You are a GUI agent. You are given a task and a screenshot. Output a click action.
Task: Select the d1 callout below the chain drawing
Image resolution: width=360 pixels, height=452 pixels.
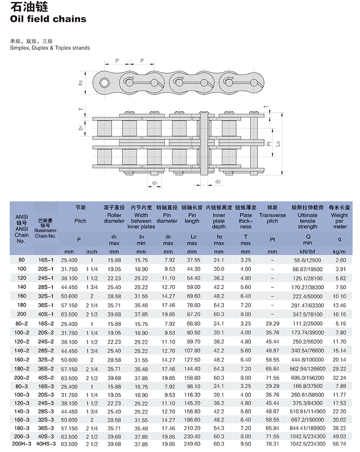tap(154, 183)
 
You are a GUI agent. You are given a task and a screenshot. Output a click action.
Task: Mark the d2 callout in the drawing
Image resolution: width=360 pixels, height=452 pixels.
tap(218, 182)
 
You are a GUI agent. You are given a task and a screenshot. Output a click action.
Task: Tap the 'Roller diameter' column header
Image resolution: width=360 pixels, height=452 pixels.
tap(114, 218)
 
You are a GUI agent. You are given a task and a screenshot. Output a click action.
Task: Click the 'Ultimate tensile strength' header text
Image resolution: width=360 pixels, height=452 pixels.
tap(307, 221)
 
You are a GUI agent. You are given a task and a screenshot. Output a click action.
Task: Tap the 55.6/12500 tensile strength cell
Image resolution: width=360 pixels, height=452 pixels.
tap(307, 260)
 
